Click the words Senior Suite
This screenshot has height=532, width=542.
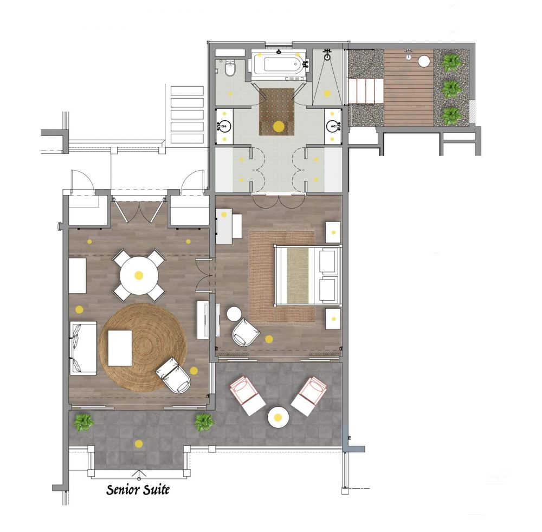[138, 490]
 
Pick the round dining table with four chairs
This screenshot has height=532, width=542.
[139, 275]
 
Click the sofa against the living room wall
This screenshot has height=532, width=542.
[83, 347]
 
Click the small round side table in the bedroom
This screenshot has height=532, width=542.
[234, 314]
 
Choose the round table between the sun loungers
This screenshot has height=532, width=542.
[278, 417]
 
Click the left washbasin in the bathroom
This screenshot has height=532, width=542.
[224, 127]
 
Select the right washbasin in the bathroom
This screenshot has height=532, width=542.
[333, 127]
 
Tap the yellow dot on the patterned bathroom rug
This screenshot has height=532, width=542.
[278, 127]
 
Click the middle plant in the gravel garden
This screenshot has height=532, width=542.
[450, 88]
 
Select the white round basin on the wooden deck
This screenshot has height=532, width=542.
[424, 61]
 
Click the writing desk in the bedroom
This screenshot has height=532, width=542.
[229, 225]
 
